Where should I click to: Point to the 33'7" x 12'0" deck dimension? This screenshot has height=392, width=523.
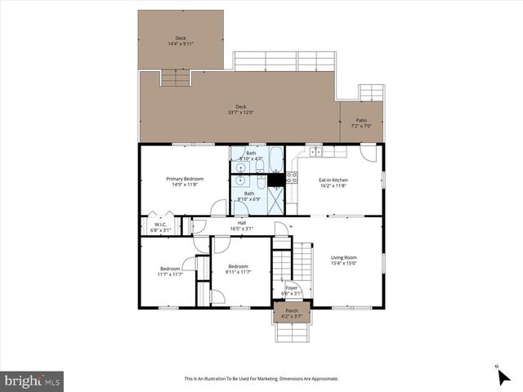coord(241,111)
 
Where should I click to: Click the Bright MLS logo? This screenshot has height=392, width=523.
coord(33,380)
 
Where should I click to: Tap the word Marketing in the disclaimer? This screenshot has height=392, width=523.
coord(271,379)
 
